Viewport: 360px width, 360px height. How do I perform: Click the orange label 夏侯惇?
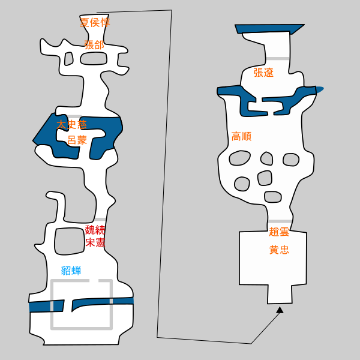(x=95, y=23)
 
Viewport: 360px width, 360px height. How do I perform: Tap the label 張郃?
(x=94, y=45)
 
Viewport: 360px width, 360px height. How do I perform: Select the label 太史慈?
(x=71, y=125)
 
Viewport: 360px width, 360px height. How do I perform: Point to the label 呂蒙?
(x=77, y=140)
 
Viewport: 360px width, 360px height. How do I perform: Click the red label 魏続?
(x=95, y=230)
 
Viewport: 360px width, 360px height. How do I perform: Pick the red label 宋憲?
(x=95, y=242)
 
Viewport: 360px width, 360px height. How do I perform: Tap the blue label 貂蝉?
(x=71, y=271)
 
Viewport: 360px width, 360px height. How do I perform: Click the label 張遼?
(x=263, y=73)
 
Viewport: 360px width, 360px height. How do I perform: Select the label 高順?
(x=242, y=136)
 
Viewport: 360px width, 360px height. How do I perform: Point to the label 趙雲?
(x=279, y=232)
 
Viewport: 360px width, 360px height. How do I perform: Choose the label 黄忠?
(x=279, y=250)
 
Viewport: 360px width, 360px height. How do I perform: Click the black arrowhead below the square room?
(x=280, y=310)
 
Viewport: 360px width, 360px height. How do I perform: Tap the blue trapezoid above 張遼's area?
(x=269, y=29)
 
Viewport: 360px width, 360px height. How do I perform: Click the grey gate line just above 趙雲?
(x=280, y=221)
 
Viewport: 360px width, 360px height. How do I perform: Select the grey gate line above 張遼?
(x=277, y=59)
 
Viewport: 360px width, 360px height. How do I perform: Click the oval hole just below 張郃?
(x=94, y=58)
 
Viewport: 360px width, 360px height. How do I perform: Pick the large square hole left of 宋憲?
(x=70, y=241)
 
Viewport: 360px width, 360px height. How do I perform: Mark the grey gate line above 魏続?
(x=100, y=219)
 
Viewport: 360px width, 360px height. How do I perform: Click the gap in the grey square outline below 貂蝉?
(x=94, y=281)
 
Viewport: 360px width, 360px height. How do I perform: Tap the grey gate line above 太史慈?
(x=74, y=116)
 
